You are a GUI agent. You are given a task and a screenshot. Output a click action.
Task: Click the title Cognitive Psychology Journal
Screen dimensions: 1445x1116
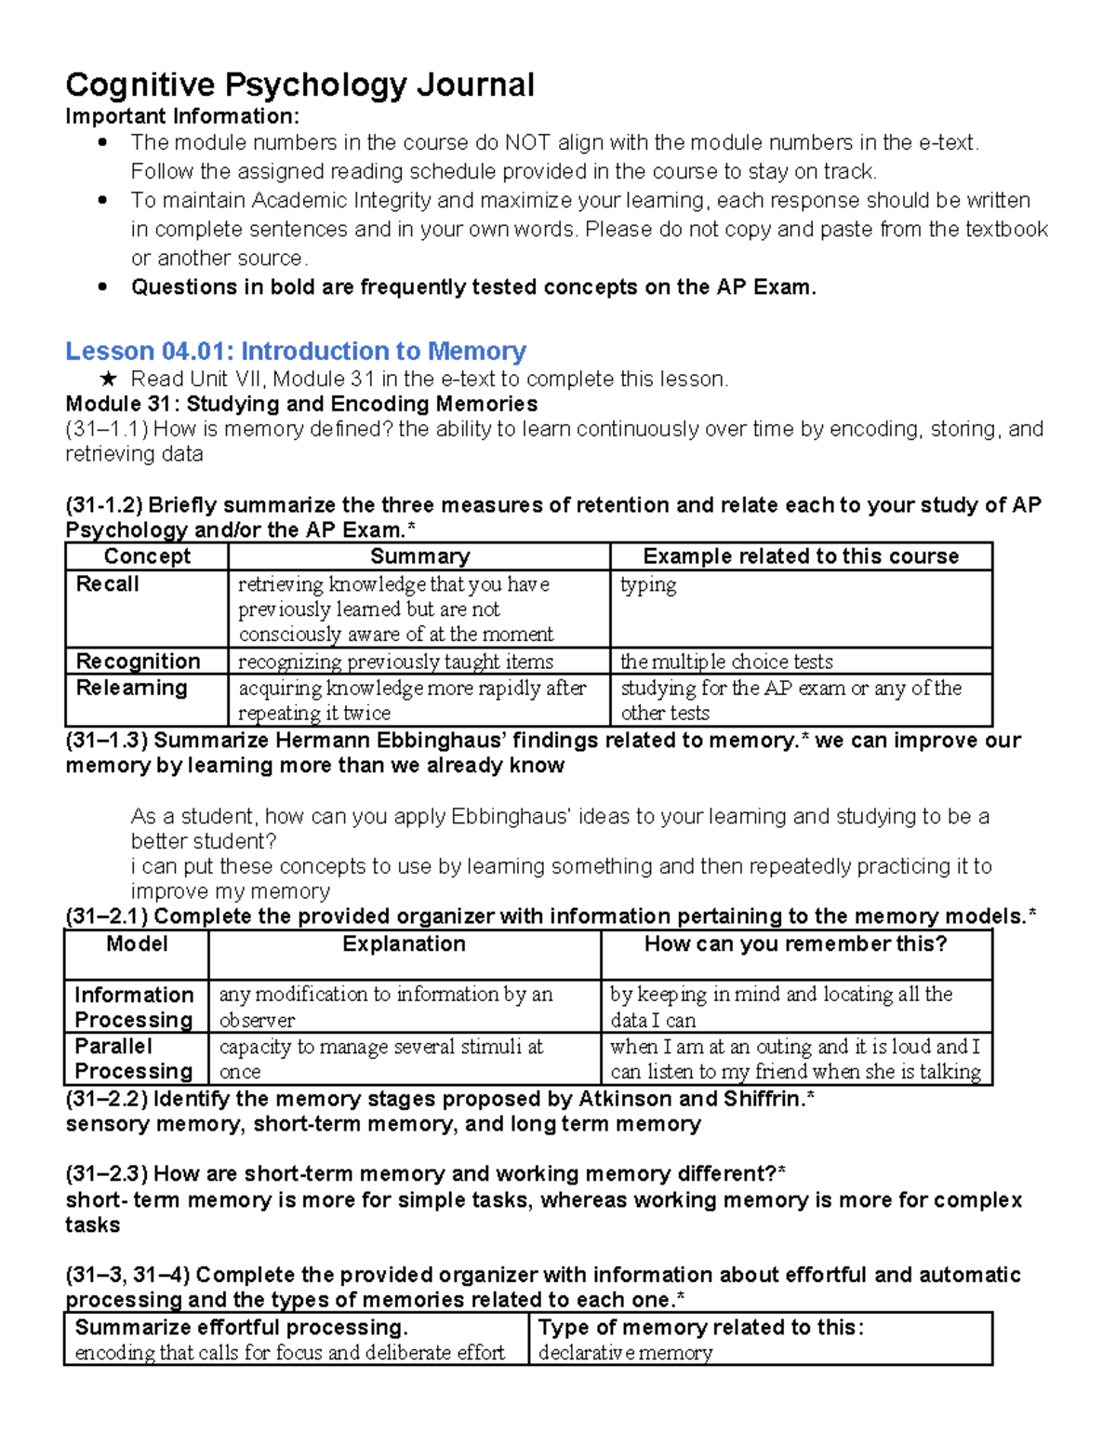tap(299, 85)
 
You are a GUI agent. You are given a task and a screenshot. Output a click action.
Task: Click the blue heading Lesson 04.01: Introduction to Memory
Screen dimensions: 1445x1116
tap(296, 351)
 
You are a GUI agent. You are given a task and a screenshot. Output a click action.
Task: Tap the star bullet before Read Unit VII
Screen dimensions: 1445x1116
tap(108, 379)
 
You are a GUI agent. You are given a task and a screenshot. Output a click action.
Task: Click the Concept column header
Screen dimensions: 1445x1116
tap(147, 556)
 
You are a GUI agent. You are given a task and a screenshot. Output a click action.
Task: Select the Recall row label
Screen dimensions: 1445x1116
tap(107, 584)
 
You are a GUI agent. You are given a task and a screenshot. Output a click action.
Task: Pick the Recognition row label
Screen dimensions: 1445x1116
tap(138, 662)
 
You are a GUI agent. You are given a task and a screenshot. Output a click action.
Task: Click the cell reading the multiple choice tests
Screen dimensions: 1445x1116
tap(726, 662)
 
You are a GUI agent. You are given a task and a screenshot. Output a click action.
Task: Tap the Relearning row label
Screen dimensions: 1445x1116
tap(131, 688)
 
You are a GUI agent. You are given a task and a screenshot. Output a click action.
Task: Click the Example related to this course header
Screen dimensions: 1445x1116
tap(801, 556)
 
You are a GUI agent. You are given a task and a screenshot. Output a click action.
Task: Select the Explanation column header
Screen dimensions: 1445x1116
tap(404, 943)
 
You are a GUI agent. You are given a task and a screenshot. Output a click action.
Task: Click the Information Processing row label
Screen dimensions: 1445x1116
tap(134, 1007)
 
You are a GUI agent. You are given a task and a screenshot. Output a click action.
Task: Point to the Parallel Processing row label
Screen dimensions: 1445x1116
tap(134, 1059)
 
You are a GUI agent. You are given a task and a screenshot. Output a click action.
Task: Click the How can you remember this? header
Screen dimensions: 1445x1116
tap(795, 943)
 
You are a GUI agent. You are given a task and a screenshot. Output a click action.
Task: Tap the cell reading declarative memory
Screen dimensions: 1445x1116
tap(625, 1353)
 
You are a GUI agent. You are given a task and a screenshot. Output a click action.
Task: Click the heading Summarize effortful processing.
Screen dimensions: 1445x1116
tap(242, 1327)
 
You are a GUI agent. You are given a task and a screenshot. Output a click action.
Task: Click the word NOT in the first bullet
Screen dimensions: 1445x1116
tap(527, 142)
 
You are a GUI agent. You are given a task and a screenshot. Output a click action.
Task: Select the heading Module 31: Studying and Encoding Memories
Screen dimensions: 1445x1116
tap(301, 404)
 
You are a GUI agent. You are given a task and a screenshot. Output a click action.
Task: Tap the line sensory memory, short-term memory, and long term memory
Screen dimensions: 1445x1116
tap(383, 1124)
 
